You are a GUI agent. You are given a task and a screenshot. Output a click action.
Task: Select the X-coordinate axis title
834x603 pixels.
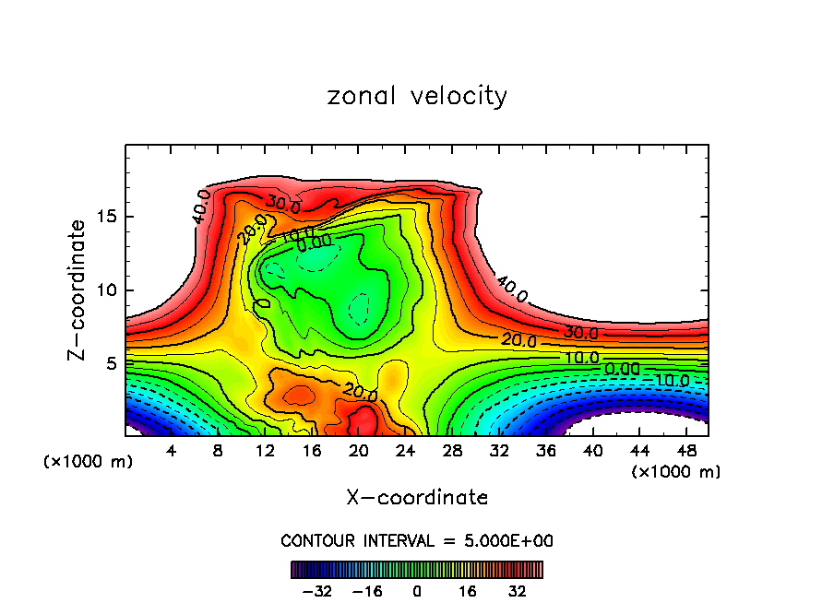tap(417, 498)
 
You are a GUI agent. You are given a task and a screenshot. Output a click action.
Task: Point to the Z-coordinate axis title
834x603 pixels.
tap(78, 290)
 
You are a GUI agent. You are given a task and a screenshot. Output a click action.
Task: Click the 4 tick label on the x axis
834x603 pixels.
tap(171, 451)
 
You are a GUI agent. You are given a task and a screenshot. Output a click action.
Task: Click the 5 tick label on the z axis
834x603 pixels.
tap(108, 363)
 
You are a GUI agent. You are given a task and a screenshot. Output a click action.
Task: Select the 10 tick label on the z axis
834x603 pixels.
tap(103, 290)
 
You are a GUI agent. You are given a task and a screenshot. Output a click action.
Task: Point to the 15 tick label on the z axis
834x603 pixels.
tap(103, 217)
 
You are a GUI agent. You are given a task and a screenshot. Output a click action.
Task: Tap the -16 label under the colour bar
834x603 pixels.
tap(368, 591)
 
